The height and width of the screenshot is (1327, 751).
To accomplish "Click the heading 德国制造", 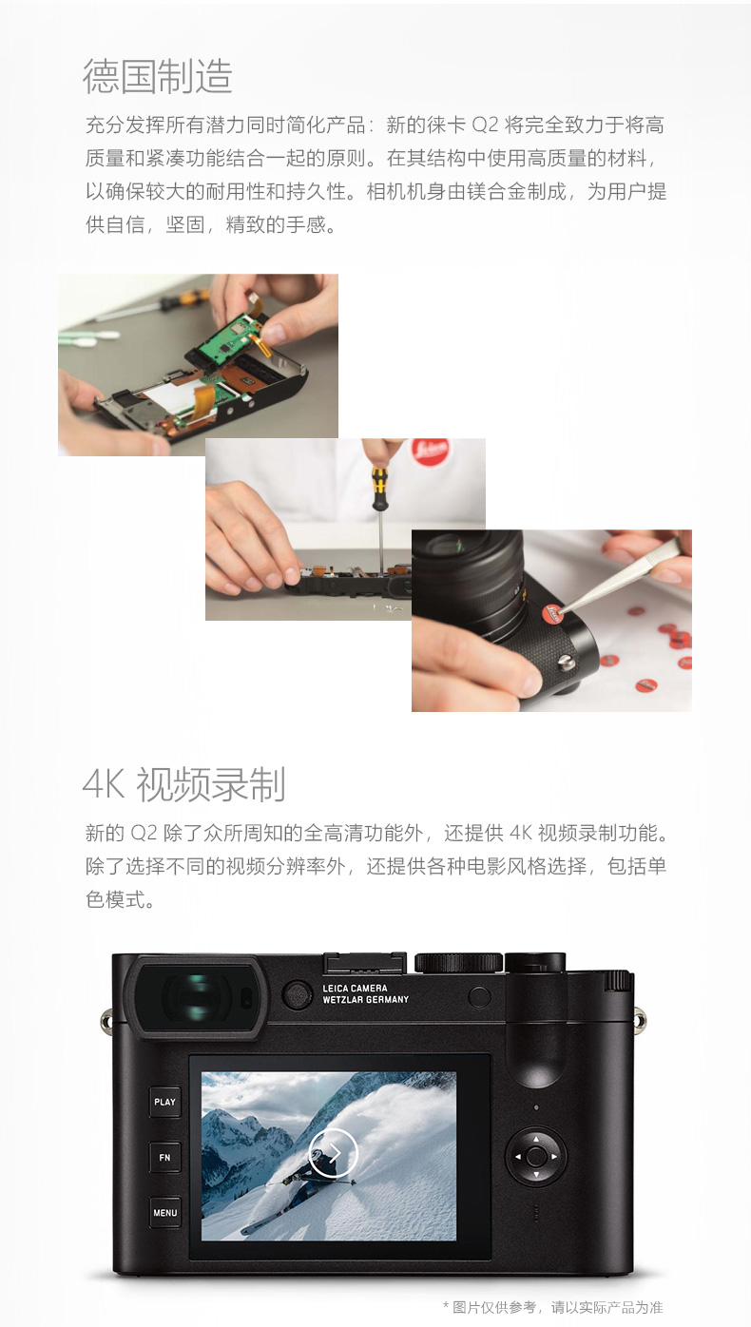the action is click(158, 76).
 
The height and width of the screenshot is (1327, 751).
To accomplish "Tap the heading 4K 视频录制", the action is click(184, 784).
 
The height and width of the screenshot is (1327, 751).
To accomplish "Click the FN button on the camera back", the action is click(164, 1157).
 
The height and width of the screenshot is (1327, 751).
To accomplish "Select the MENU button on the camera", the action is click(164, 1213).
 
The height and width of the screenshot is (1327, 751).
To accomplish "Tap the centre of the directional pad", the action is click(536, 1156).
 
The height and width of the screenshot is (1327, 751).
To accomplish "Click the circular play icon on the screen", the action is click(333, 1152).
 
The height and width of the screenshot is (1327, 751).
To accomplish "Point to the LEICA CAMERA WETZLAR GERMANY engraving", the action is click(365, 993).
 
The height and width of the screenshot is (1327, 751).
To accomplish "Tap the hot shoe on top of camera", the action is click(364, 963).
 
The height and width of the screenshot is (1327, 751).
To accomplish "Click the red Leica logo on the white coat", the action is click(431, 452).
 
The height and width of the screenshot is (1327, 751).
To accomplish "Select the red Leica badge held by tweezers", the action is click(551, 613).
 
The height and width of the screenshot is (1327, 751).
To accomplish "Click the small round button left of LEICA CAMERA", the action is click(297, 994).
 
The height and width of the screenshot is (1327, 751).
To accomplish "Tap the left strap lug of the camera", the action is click(106, 1018).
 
